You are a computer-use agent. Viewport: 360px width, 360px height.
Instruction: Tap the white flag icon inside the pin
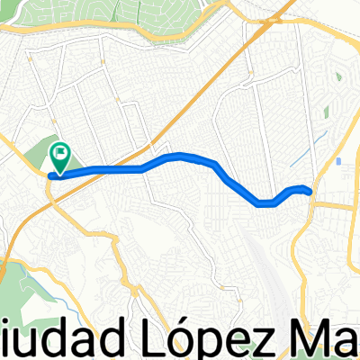[61, 154]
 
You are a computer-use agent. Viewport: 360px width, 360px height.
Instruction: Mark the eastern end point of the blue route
[310, 191]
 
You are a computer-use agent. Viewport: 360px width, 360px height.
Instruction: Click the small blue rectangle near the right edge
[338, 163]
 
